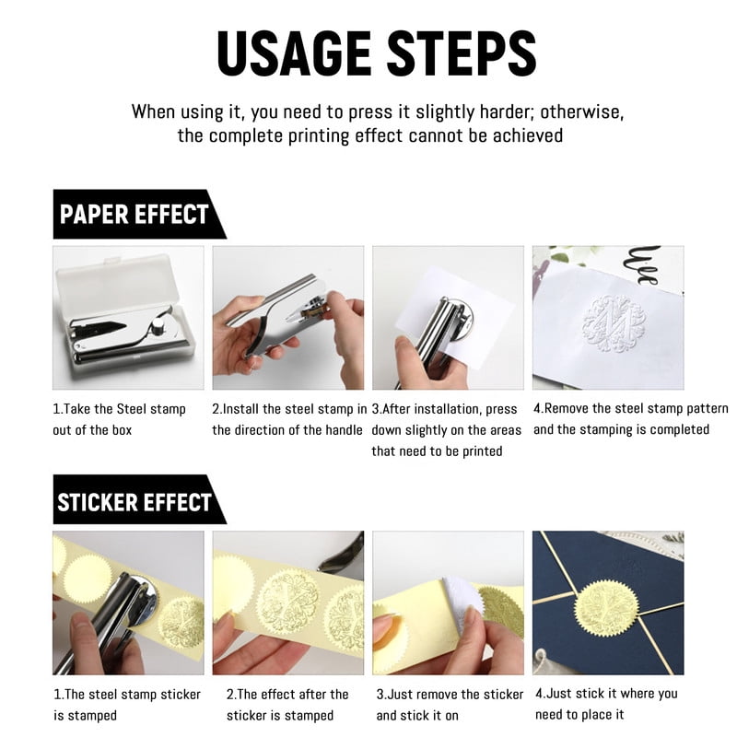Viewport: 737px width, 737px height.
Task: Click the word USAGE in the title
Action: tap(294, 53)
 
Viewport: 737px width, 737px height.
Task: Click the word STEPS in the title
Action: tap(462, 53)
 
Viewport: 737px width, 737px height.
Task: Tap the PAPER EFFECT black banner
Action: tap(140, 215)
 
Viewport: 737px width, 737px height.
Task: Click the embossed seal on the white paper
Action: tap(614, 324)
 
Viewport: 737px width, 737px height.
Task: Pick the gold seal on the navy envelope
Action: tap(606, 609)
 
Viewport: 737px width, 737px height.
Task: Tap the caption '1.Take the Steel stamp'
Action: tap(120, 409)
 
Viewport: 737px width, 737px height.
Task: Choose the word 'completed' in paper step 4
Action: tap(680, 429)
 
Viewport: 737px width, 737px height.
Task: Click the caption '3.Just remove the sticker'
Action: tap(450, 695)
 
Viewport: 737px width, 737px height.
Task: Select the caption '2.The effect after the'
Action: tap(287, 695)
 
